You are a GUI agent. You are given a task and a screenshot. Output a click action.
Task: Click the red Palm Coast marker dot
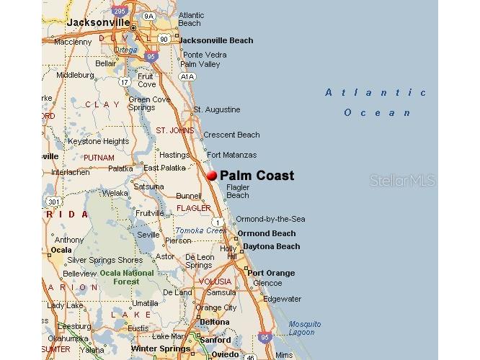(212, 175)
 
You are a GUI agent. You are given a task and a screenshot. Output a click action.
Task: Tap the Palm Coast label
(257, 175)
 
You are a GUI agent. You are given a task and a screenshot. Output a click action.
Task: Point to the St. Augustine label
(216, 109)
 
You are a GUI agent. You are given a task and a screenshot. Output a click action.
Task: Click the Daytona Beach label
(270, 246)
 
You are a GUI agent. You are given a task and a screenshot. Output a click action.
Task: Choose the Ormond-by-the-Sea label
(270, 219)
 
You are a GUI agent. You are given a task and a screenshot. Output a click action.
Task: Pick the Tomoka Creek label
(200, 230)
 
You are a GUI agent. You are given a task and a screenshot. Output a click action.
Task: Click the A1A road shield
(187, 76)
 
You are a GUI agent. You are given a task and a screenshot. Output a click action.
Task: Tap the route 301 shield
(51, 201)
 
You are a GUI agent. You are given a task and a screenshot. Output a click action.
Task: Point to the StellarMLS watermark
(403, 181)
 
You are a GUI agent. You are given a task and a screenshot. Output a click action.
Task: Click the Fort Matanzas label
(231, 155)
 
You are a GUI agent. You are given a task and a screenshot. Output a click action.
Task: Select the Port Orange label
(271, 273)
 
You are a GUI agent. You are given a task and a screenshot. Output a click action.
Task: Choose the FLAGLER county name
(194, 208)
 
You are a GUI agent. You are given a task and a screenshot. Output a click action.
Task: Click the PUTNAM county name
(99, 158)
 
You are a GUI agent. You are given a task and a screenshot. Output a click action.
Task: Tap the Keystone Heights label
(98, 142)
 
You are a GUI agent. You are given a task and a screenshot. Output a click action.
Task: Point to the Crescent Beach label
(231, 135)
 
